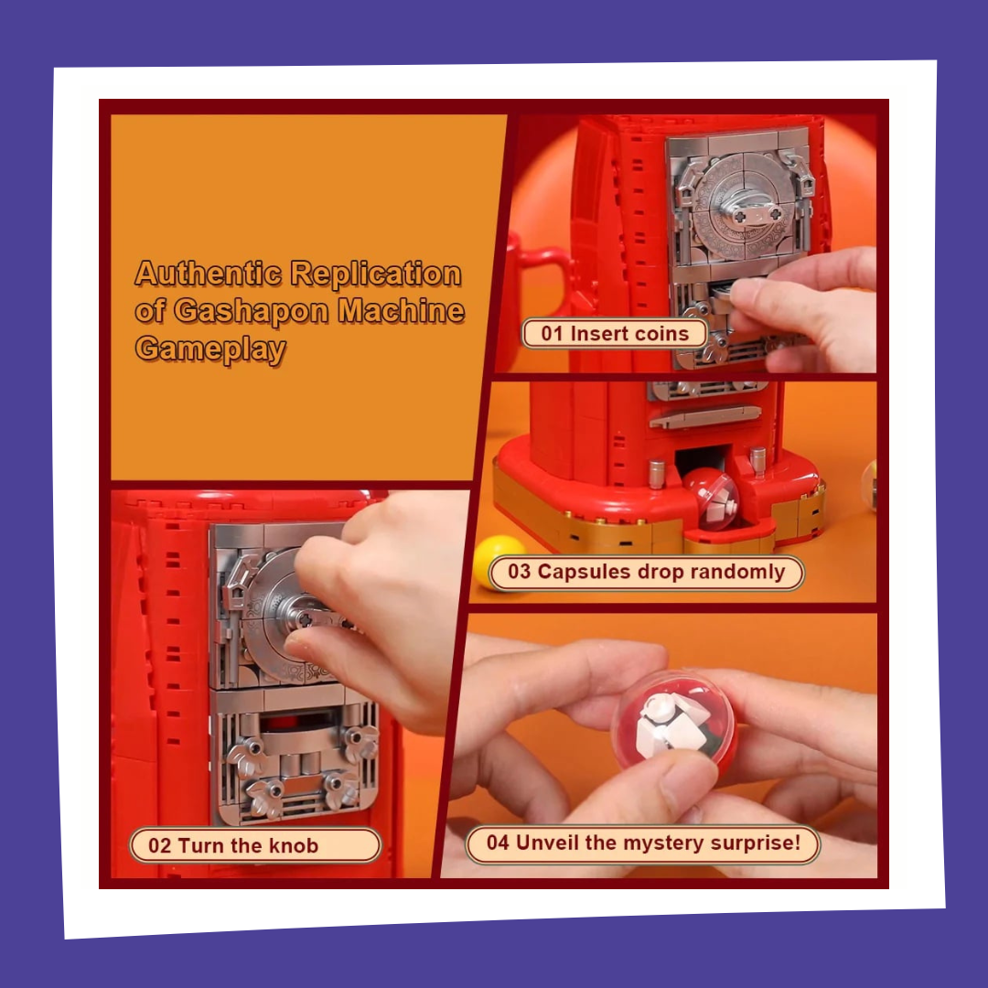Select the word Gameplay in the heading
(210, 349)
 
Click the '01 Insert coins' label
(615, 333)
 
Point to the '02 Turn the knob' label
(254, 845)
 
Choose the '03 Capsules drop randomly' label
(646, 573)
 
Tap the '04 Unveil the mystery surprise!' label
(643, 843)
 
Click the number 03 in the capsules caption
(520, 573)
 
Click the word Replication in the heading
(376, 274)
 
